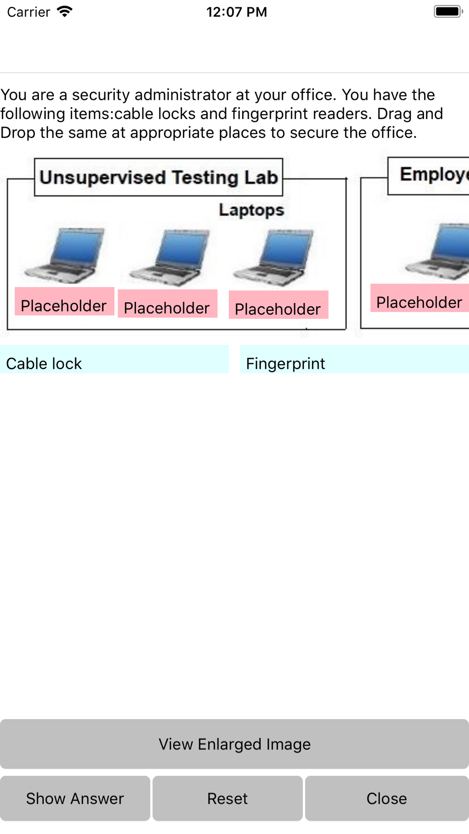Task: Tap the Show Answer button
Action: [75, 798]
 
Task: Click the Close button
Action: [386, 798]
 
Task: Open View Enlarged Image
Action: [234, 744]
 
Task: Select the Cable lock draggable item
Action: [114, 360]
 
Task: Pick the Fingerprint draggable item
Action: [354, 360]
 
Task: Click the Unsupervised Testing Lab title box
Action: [159, 177]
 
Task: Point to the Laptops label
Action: [251, 210]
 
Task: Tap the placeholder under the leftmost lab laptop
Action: [64, 302]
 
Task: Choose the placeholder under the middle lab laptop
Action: [167, 304]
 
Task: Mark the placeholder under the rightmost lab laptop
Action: [279, 305]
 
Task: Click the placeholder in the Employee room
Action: [420, 298]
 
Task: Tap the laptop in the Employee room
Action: [441, 252]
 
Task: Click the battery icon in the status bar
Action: [448, 12]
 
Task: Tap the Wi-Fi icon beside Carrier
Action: [65, 12]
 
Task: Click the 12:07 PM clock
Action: [236, 12]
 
